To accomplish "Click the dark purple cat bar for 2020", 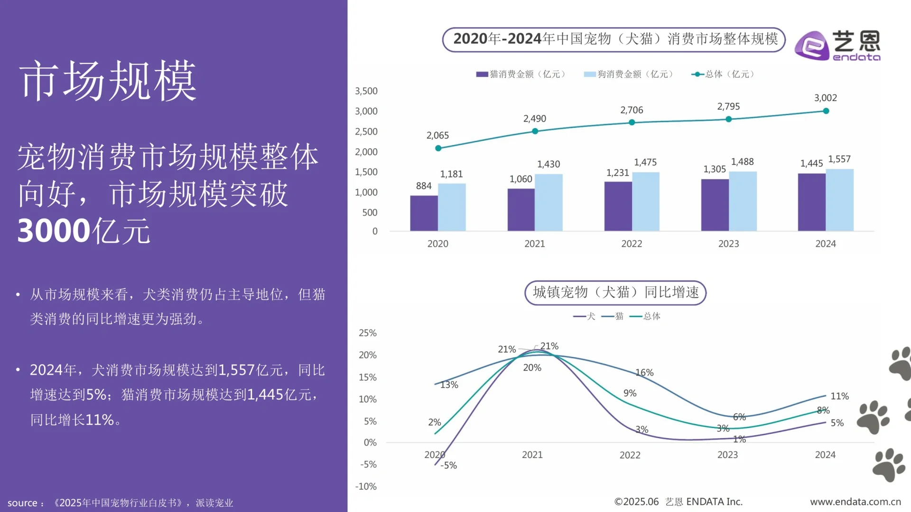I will pyautogui.click(x=424, y=213).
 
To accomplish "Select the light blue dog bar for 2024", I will pyautogui.click(x=839, y=200).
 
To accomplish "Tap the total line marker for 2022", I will pyautogui.click(x=632, y=122).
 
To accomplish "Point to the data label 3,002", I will pyautogui.click(x=825, y=98).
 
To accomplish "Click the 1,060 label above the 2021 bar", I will pyautogui.click(x=521, y=179).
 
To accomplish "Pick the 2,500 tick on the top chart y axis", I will pyautogui.click(x=366, y=132).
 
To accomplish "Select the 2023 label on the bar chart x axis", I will pyautogui.click(x=728, y=244).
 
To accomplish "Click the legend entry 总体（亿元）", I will pyautogui.click(x=724, y=74).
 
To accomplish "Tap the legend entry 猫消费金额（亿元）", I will pyautogui.click(x=521, y=74).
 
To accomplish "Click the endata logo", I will pyautogui.click(x=837, y=46).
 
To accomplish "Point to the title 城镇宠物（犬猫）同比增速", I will pyautogui.click(x=615, y=293).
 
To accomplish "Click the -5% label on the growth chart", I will pyautogui.click(x=448, y=466).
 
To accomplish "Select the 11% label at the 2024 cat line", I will pyautogui.click(x=839, y=396).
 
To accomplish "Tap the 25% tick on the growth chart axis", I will pyautogui.click(x=367, y=333).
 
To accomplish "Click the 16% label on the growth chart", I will pyautogui.click(x=644, y=373).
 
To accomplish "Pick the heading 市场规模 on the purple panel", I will pyautogui.click(x=108, y=81).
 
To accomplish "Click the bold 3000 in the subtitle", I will pyautogui.click(x=54, y=231).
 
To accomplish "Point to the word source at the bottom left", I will pyautogui.click(x=22, y=503).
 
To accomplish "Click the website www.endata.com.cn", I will pyautogui.click(x=855, y=502).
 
